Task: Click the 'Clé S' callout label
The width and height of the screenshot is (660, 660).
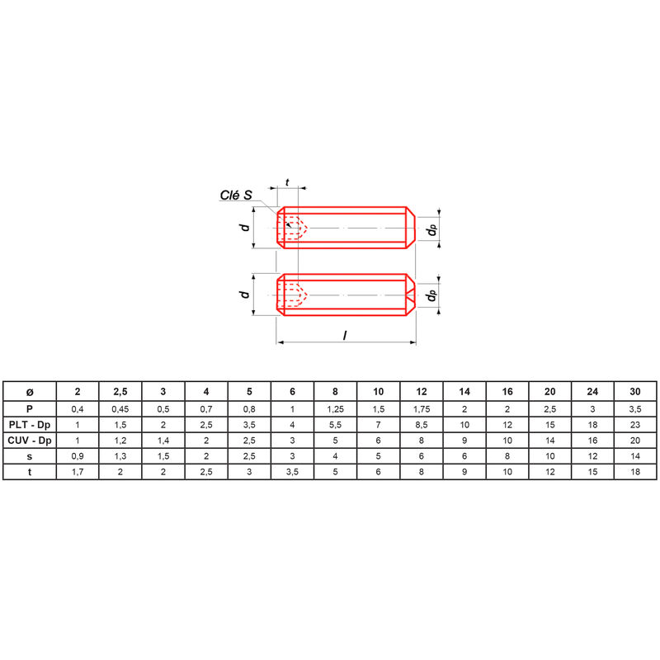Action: click(x=236, y=196)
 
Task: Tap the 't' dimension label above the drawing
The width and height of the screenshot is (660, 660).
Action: click(x=287, y=182)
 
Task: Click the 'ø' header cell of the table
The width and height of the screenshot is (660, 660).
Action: click(x=30, y=391)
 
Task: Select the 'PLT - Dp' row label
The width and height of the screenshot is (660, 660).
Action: click(x=30, y=424)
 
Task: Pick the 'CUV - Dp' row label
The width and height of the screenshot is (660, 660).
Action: click(x=30, y=440)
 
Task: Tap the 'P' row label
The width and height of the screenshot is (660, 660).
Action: click(x=30, y=408)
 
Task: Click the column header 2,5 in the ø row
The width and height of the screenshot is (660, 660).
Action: click(x=120, y=391)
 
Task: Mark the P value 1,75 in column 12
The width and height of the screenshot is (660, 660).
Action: click(x=422, y=408)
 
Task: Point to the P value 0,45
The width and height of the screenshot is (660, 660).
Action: click(x=120, y=408)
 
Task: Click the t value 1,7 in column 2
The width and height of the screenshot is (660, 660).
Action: click(x=78, y=471)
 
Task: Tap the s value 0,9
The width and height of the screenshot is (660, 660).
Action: click(x=78, y=455)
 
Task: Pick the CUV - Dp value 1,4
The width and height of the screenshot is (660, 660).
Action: click(x=163, y=440)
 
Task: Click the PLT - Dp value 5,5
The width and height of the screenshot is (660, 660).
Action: click(x=335, y=424)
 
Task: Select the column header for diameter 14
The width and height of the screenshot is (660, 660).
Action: click(x=464, y=391)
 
